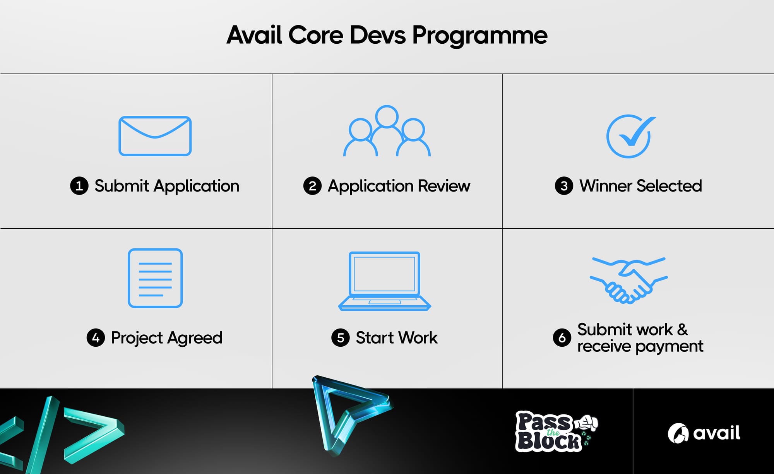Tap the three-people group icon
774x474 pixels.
[387, 116]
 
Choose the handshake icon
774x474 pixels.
[628, 280]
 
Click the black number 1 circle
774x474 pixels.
[79, 186]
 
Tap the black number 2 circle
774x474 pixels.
[313, 186]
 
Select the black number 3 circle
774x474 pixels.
[564, 186]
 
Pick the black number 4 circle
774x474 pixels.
[96, 338]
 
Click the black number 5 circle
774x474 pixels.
[341, 338]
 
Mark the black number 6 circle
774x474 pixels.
[562, 338]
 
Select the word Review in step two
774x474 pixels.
[444, 186]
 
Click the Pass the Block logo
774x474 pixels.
[557, 431]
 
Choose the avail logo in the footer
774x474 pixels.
[704, 433]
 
